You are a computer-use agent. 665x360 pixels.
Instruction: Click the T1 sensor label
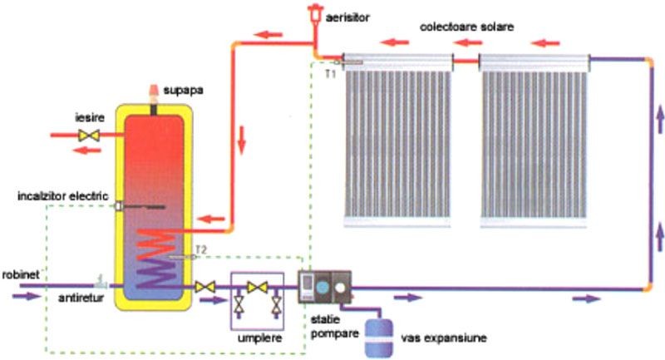330,74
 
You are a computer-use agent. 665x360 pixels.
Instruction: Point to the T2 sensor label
200,249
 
